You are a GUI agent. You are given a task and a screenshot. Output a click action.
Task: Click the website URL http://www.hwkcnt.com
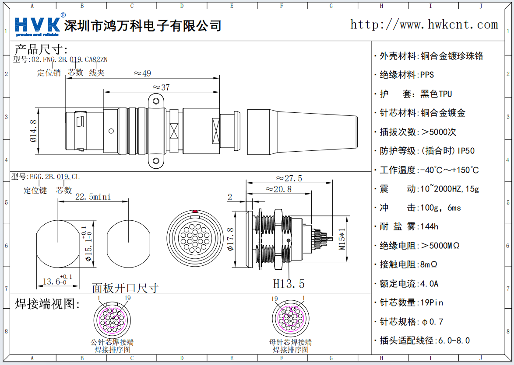click(424, 24)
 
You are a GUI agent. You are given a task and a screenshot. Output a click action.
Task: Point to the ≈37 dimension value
click(161, 87)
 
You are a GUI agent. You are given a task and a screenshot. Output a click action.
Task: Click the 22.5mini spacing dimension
click(93, 197)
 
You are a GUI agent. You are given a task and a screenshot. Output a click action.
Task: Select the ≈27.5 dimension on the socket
click(289, 178)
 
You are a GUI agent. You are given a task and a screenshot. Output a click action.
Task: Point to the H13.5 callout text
click(289, 284)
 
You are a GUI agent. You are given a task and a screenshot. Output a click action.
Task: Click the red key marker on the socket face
click(195, 212)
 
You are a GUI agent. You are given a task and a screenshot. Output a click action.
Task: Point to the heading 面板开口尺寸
click(125, 288)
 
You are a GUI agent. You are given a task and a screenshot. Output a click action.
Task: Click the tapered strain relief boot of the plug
click(302, 132)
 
